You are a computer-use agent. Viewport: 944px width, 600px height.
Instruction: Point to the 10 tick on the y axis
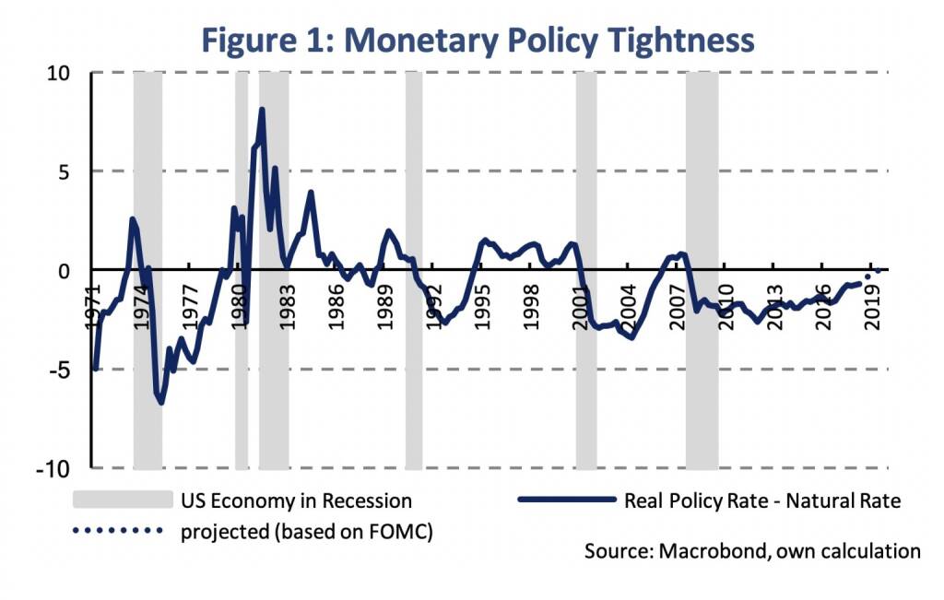(x=60, y=73)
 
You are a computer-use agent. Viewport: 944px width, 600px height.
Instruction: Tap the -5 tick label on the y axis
(x=65, y=370)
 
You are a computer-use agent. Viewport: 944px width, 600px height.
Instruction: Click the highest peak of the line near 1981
(x=262, y=110)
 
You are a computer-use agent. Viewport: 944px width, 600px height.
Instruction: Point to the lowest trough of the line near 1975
(x=161, y=403)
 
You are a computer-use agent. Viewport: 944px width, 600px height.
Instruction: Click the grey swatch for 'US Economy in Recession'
(x=123, y=500)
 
